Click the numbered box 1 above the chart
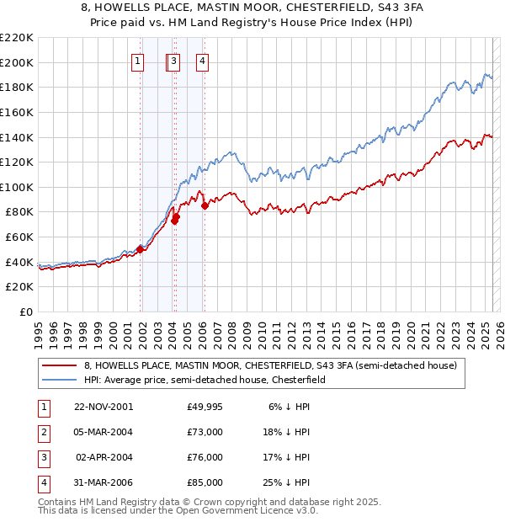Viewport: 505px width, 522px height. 137,60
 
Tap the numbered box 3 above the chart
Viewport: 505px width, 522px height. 173,60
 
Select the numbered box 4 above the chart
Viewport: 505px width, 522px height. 204,60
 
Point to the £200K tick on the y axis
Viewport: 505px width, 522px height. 18,62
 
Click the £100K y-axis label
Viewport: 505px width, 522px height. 18,187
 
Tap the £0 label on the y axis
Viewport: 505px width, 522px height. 24,312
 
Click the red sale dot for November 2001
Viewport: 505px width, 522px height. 141,248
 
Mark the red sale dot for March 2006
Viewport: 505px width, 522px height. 205,205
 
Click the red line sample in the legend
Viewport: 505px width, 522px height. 61,366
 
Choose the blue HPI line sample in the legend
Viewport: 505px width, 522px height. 61,381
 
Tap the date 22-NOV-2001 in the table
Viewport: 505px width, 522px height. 104,407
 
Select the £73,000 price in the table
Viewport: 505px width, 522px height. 205,432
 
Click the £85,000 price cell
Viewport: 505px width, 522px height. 205,482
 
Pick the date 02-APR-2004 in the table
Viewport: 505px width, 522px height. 104,457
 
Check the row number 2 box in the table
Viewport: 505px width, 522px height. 43,432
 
